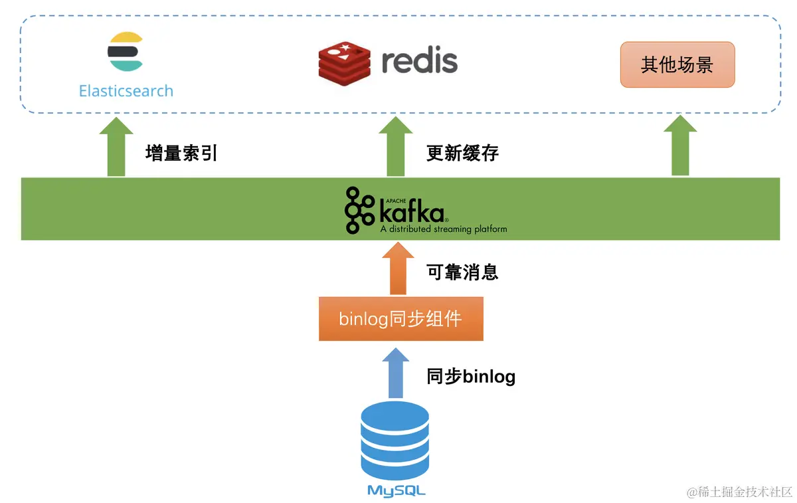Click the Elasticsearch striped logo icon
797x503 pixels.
click(126, 52)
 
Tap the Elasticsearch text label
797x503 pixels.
click(126, 91)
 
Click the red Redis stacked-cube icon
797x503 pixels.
click(345, 64)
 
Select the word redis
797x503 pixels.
click(420, 60)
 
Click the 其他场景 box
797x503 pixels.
click(677, 64)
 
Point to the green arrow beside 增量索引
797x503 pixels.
click(116, 146)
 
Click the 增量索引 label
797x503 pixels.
click(181, 153)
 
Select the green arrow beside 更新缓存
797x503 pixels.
click(396, 146)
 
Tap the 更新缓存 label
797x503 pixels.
click(462, 153)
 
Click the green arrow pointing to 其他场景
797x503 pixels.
click(680, 146)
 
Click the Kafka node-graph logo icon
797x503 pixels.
click(359, 210)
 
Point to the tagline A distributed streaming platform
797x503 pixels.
click(444, 229)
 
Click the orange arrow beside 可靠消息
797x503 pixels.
click(398, 268)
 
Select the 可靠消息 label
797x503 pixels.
click(462, 272)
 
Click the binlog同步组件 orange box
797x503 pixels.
click(401, 318)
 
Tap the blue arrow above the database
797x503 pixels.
click(396, 373)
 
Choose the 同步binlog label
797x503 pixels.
click(471, 377)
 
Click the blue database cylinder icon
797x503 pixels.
click(395, 441)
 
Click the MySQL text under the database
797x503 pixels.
click(396, 491)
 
